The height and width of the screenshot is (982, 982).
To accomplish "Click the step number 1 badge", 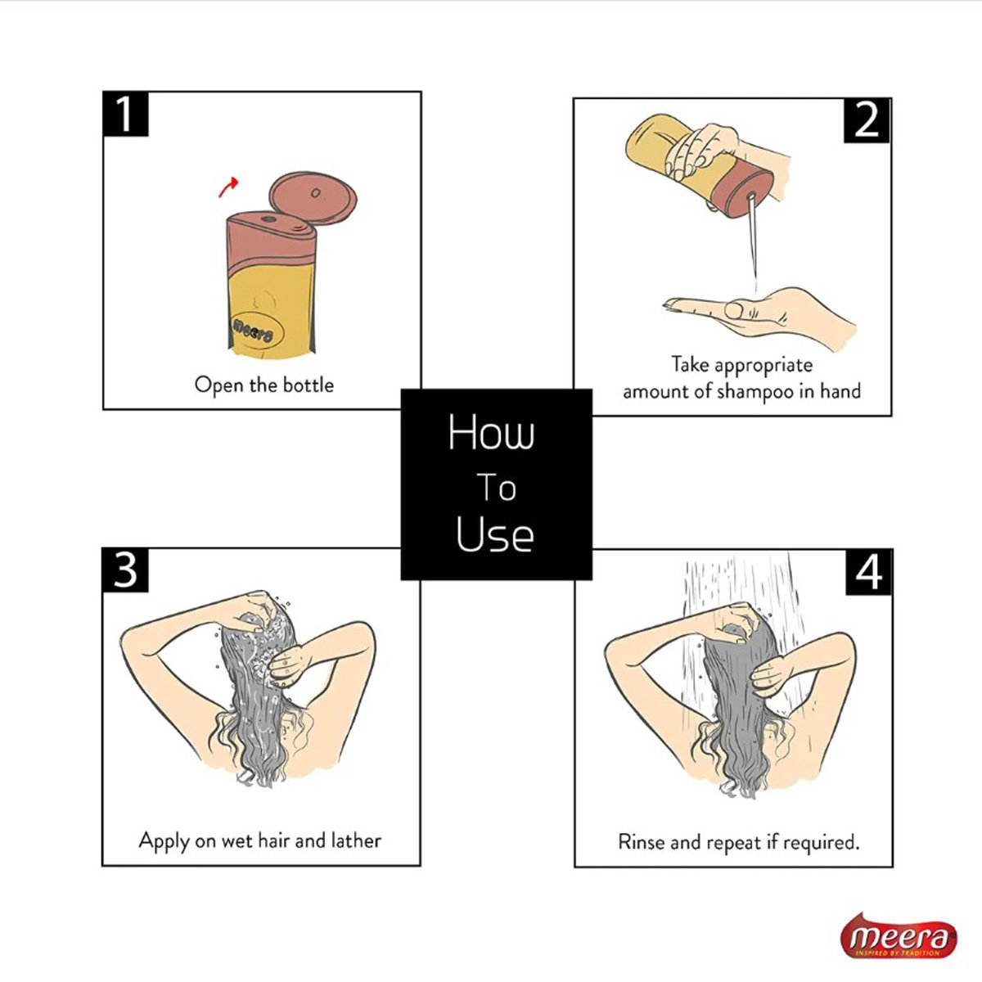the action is point(125,114).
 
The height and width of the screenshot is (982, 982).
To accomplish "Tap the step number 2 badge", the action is point(867,121).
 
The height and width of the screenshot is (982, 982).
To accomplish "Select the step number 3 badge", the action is point(125,570).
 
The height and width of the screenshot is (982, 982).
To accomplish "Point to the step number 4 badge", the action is point(869,572).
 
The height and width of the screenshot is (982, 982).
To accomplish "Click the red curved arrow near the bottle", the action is point(227,187).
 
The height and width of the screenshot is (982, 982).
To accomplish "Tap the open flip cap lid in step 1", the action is point(313,198).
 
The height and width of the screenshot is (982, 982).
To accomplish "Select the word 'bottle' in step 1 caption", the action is point(309,385).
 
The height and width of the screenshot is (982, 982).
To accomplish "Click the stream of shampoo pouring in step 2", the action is point(753,238).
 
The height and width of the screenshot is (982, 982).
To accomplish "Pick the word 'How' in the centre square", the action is point(491,432).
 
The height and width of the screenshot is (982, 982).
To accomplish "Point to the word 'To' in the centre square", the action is point(497,488).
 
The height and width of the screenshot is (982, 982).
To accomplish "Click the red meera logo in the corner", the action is point(899,937).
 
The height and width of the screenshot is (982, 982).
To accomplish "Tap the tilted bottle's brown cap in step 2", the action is point(744,187).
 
